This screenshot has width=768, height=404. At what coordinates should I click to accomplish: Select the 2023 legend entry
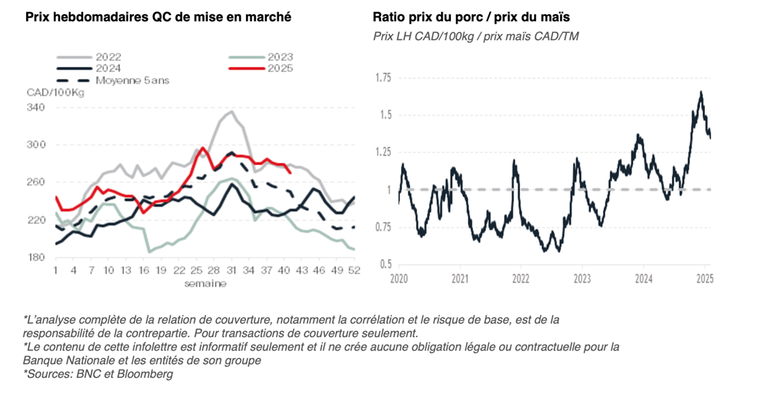click(279, 56)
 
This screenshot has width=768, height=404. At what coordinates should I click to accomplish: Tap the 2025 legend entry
click(279, 68)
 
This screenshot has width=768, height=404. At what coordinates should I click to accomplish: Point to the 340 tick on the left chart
click(36, 107)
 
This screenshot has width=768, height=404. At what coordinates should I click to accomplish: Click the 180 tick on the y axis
click(36, 258)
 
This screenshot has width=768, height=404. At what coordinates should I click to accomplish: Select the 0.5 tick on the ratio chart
click(385, 264)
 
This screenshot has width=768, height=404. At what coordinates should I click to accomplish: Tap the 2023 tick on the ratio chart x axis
click(582, 278)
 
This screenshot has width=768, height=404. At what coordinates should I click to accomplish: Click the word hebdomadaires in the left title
click(91, 17)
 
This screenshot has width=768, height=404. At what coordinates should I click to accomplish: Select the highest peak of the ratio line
click(701, 92)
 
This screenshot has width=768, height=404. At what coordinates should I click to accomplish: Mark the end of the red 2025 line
click(290, 172)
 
